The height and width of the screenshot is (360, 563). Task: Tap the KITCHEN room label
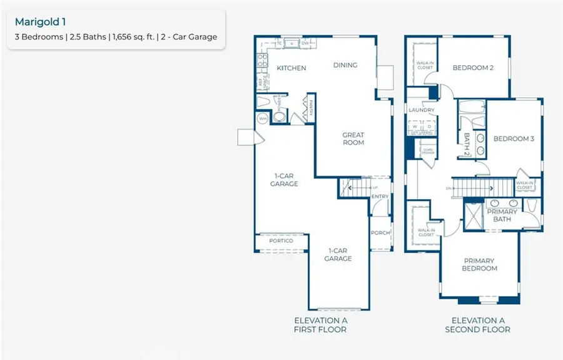click(x=292, y=68)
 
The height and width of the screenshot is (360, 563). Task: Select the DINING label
click(x=345, y=64)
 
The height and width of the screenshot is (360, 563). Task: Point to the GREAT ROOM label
click(x=353, y=138)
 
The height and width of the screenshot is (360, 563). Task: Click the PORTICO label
click(x=281, y=240)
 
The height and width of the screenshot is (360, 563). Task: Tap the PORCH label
click(x=380, y=233)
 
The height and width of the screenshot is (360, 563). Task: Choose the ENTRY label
click(x=380, y=197)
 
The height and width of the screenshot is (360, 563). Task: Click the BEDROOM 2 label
click(x=474, y=68)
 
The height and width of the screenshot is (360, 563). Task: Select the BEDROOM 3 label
click(x=513, y=138)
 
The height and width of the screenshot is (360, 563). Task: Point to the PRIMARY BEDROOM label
click(x=480, y=264)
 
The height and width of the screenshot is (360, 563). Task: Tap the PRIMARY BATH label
click(x=502, y=215)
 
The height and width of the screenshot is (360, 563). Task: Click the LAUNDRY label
click(x=421, y=110)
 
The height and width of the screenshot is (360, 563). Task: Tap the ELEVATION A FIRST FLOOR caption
click(x=320, y=324)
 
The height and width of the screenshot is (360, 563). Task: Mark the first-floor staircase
click(x=353, y=187)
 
